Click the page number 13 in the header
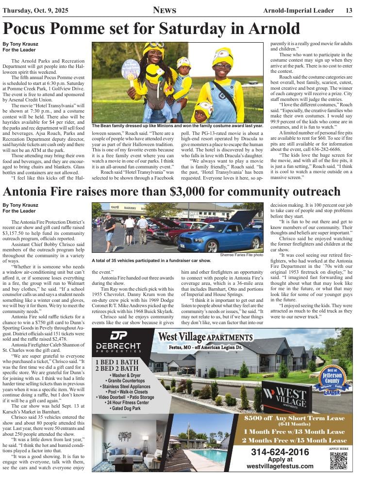(349, 11)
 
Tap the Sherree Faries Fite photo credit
(241, 255)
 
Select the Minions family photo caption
(177, 126)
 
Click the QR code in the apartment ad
(338, 460)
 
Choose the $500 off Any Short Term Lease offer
(295, 418)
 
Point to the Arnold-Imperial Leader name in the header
(301, 11)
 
